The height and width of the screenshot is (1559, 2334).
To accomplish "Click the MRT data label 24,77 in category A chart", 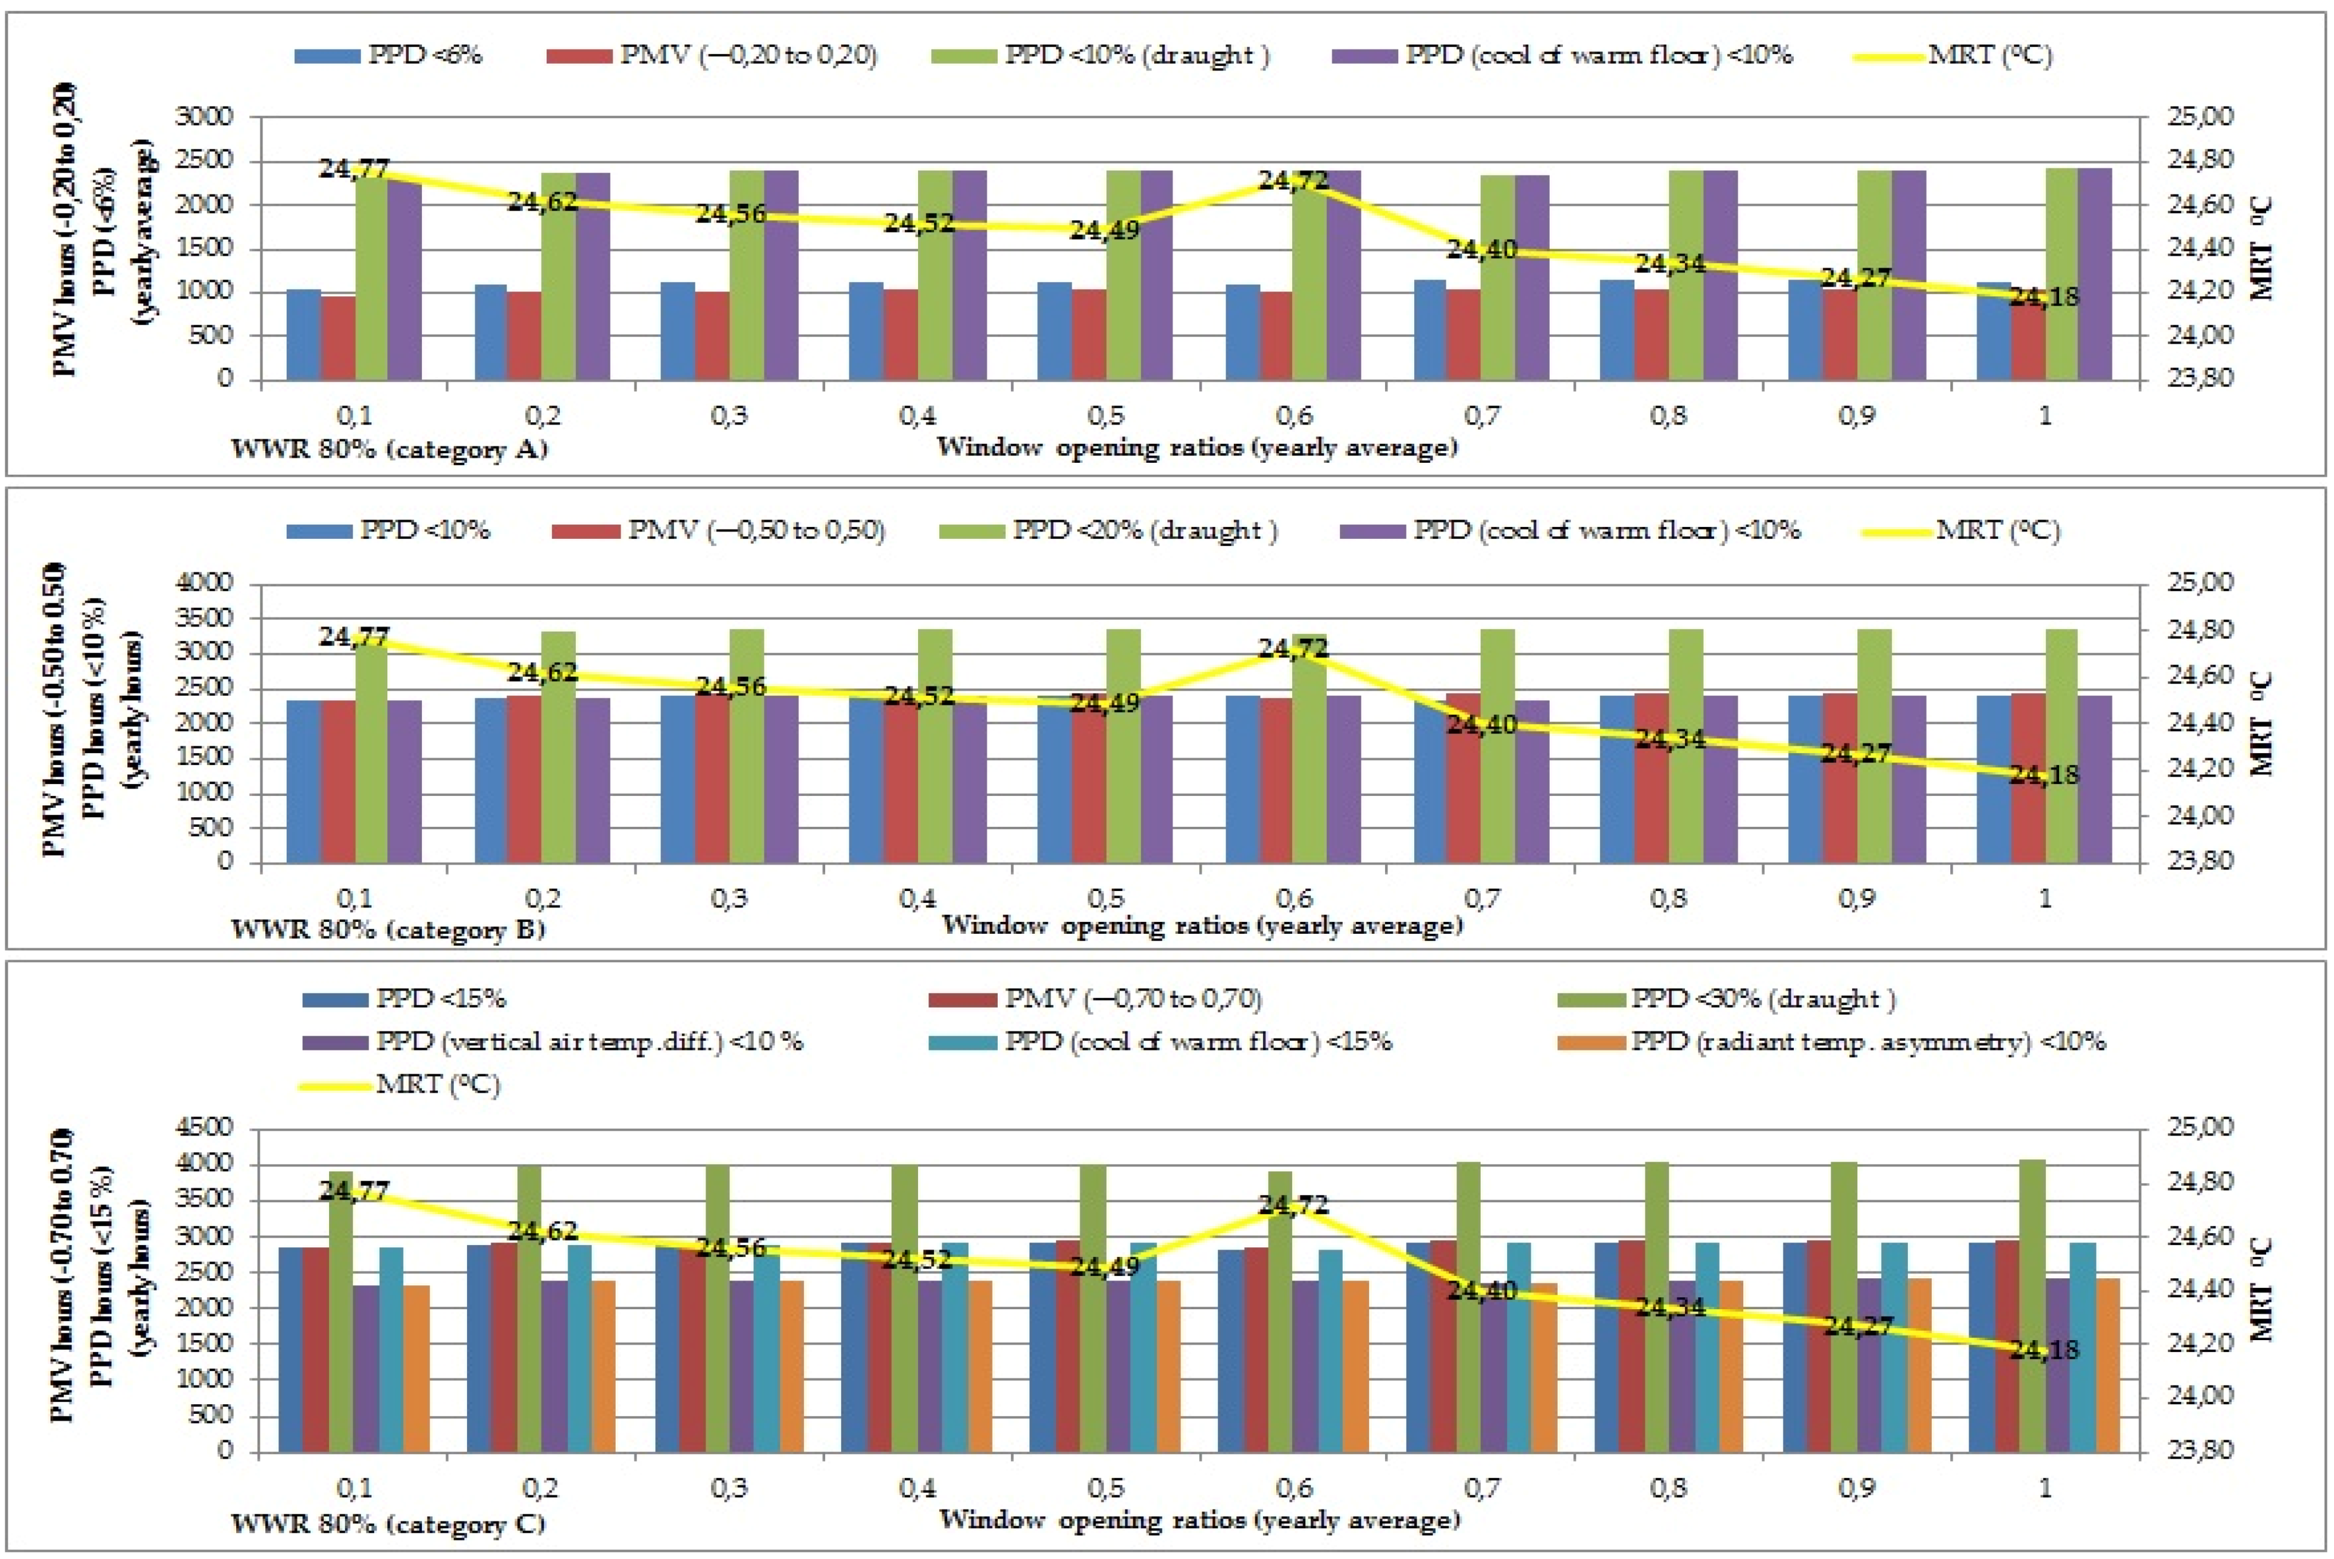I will [x=354, y=169].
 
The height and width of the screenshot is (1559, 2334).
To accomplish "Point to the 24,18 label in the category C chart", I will [x=2044, y=1349].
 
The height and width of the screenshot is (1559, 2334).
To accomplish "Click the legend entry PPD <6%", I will [x=424, y=55].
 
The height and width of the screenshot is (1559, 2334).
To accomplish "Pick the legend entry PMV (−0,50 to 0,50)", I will [x=756, y=530].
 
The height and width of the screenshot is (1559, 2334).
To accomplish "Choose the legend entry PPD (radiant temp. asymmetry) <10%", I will [x=1868, y=1041].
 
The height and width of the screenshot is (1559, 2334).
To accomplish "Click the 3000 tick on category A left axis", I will [x=204, y=117].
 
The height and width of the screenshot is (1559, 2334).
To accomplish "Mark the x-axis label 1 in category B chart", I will [x=2045, y=898].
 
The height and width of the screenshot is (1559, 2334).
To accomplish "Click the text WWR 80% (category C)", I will [x=388, y=1523].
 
